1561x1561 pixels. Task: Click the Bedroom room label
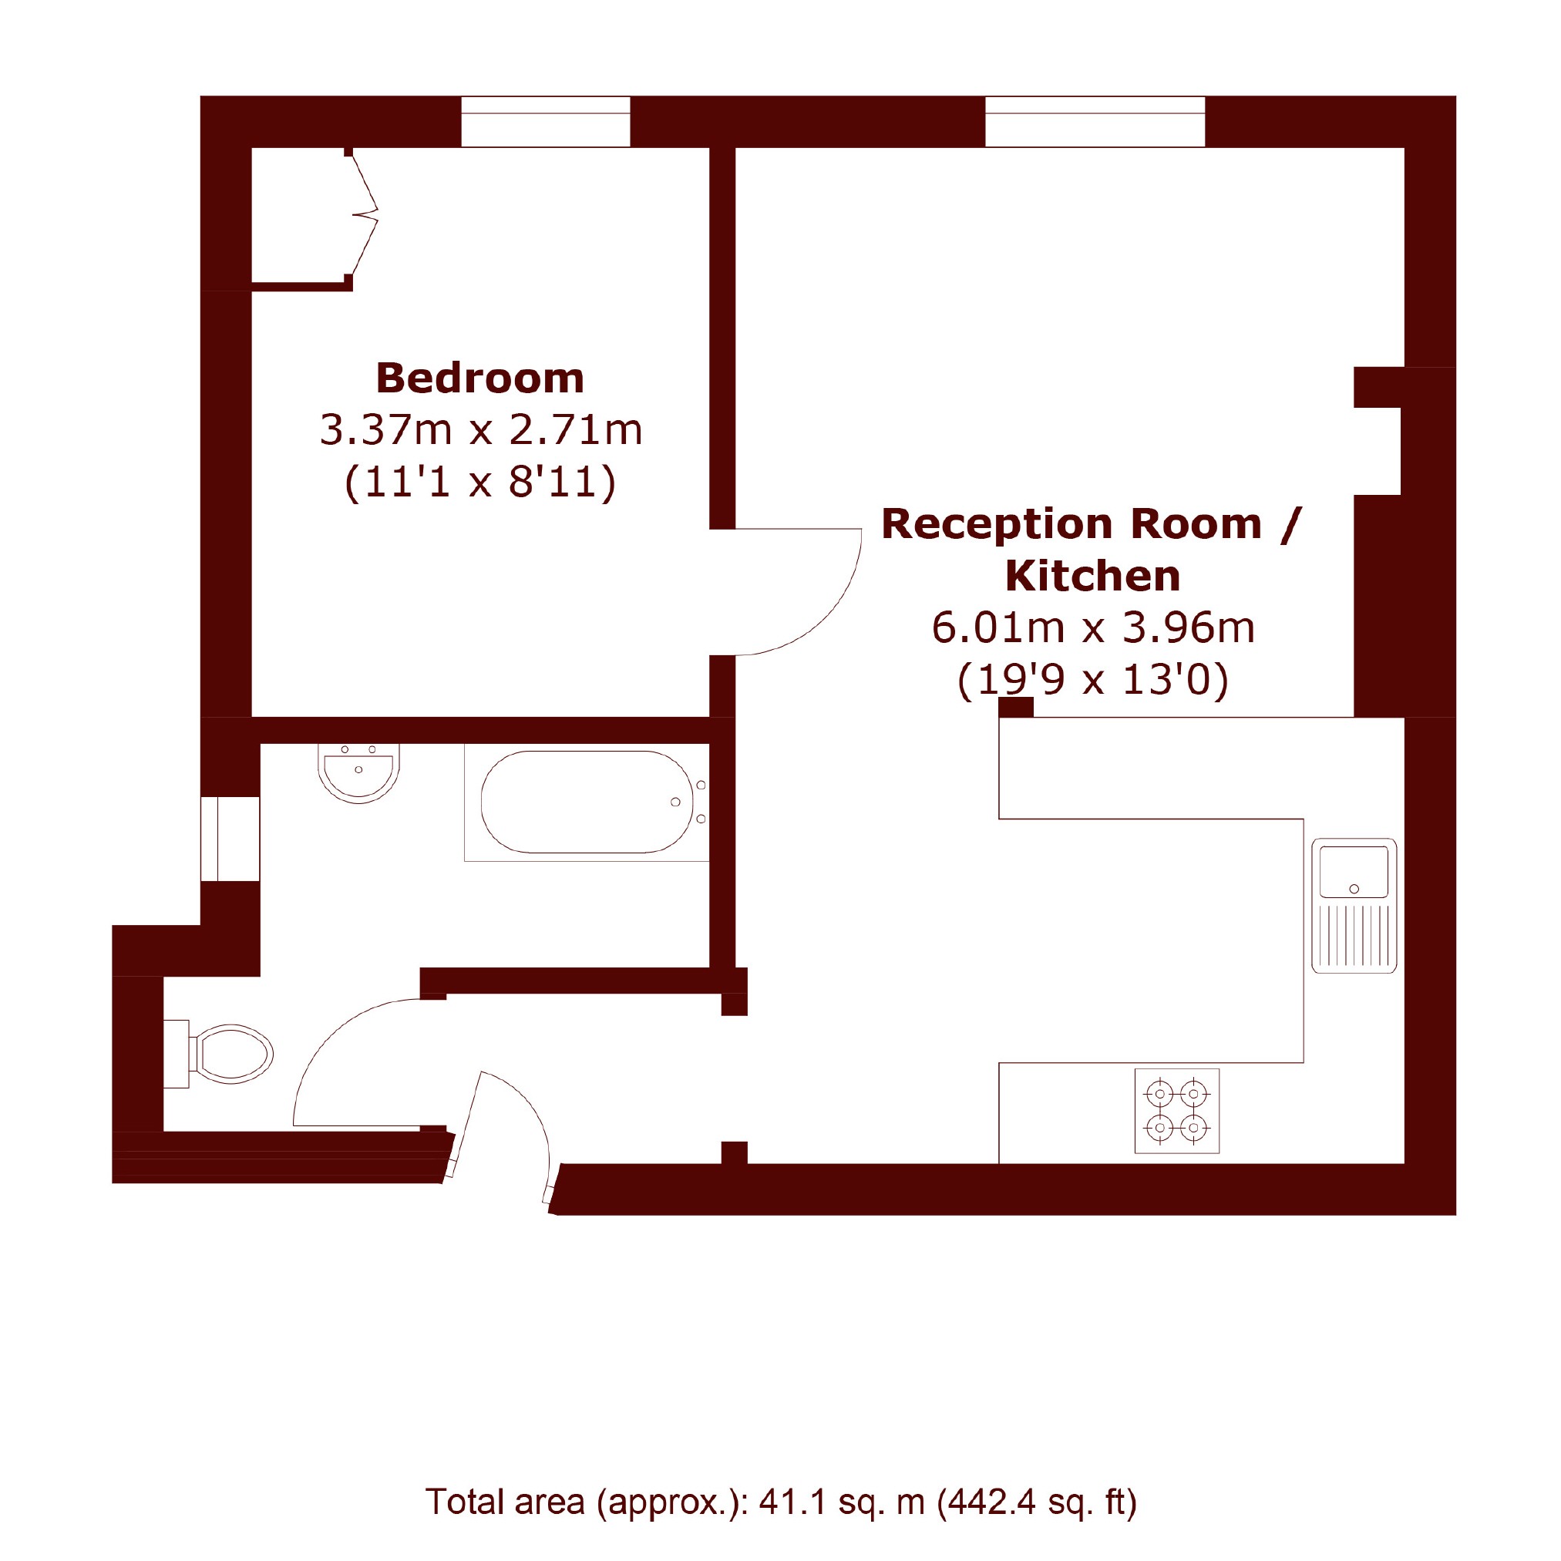click(x=480, y=378)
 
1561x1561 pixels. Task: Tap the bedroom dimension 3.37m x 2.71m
click(x=481, y=430)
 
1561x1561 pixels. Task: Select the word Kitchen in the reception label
click(x=1092, y=576)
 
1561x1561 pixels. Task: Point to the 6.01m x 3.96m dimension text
click(x=1093, y=627)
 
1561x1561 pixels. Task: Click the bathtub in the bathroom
click(x=587, y=802)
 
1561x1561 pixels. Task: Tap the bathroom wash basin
click(x=358, y=773)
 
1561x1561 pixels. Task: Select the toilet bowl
click(x=232, y=1055)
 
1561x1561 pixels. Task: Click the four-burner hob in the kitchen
click(x=1176, y=1111)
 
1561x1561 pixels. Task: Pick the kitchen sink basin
click(x=1354, y=873)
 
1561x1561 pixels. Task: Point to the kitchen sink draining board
click(x=1354, y=936)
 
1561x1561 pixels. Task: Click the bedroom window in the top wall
click(x=545, y=121)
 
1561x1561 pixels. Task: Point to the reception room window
click(x=1095, y=121)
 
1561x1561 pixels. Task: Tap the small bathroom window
click(x=230, y=839)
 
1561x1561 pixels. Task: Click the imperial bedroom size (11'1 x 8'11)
click(x=481, y=483)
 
